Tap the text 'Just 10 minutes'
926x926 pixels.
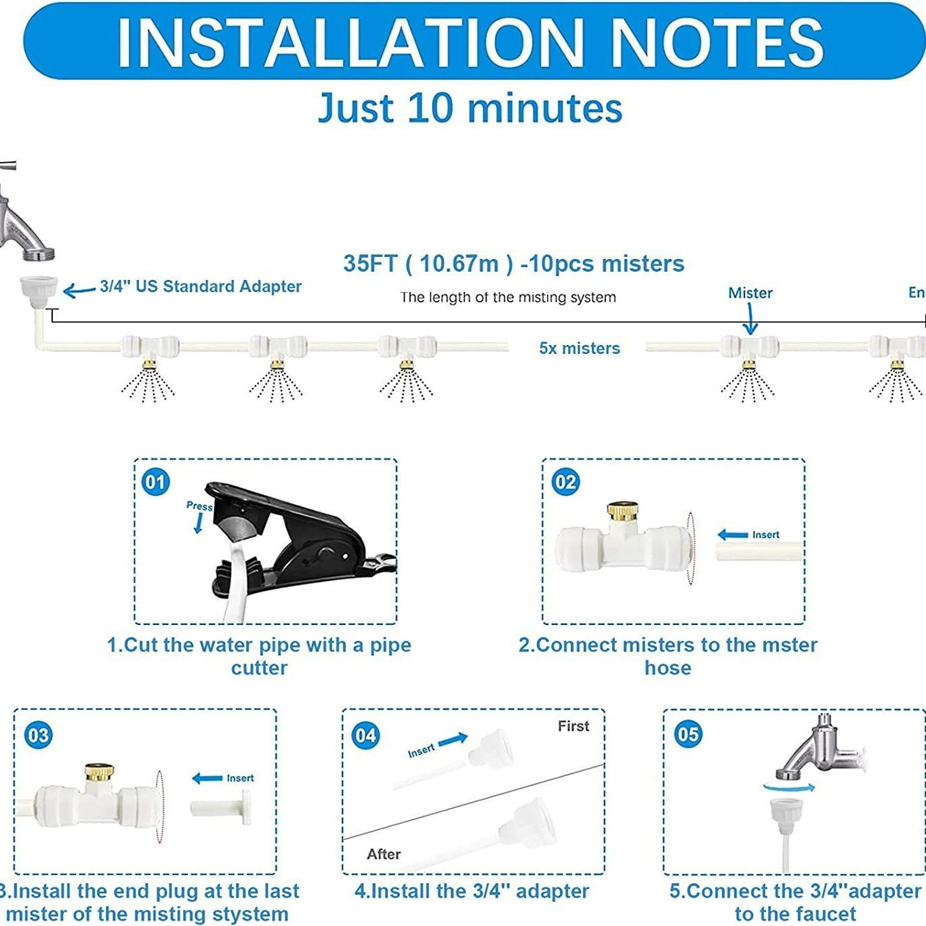point(470,108)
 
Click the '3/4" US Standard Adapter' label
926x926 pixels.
point(201,287)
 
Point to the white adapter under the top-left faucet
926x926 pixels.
point(37,292)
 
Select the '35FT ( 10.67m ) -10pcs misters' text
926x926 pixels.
point(513,264)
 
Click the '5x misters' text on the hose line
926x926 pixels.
point(579,348)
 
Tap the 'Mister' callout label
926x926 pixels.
point(750,293)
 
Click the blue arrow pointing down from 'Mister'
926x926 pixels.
point(750,319)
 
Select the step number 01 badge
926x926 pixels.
point(155,482)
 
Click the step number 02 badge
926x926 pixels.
point(565,482)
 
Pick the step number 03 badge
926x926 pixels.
point(38,736)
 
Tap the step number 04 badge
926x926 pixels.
point(365,736)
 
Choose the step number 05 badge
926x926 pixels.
point(687,734)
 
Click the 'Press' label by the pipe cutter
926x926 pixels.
point(199,506)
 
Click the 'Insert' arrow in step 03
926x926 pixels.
point(207,778)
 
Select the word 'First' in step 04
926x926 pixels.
point(573,726)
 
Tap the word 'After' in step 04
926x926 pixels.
point(383,854)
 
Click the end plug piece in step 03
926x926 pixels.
point(221,809)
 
